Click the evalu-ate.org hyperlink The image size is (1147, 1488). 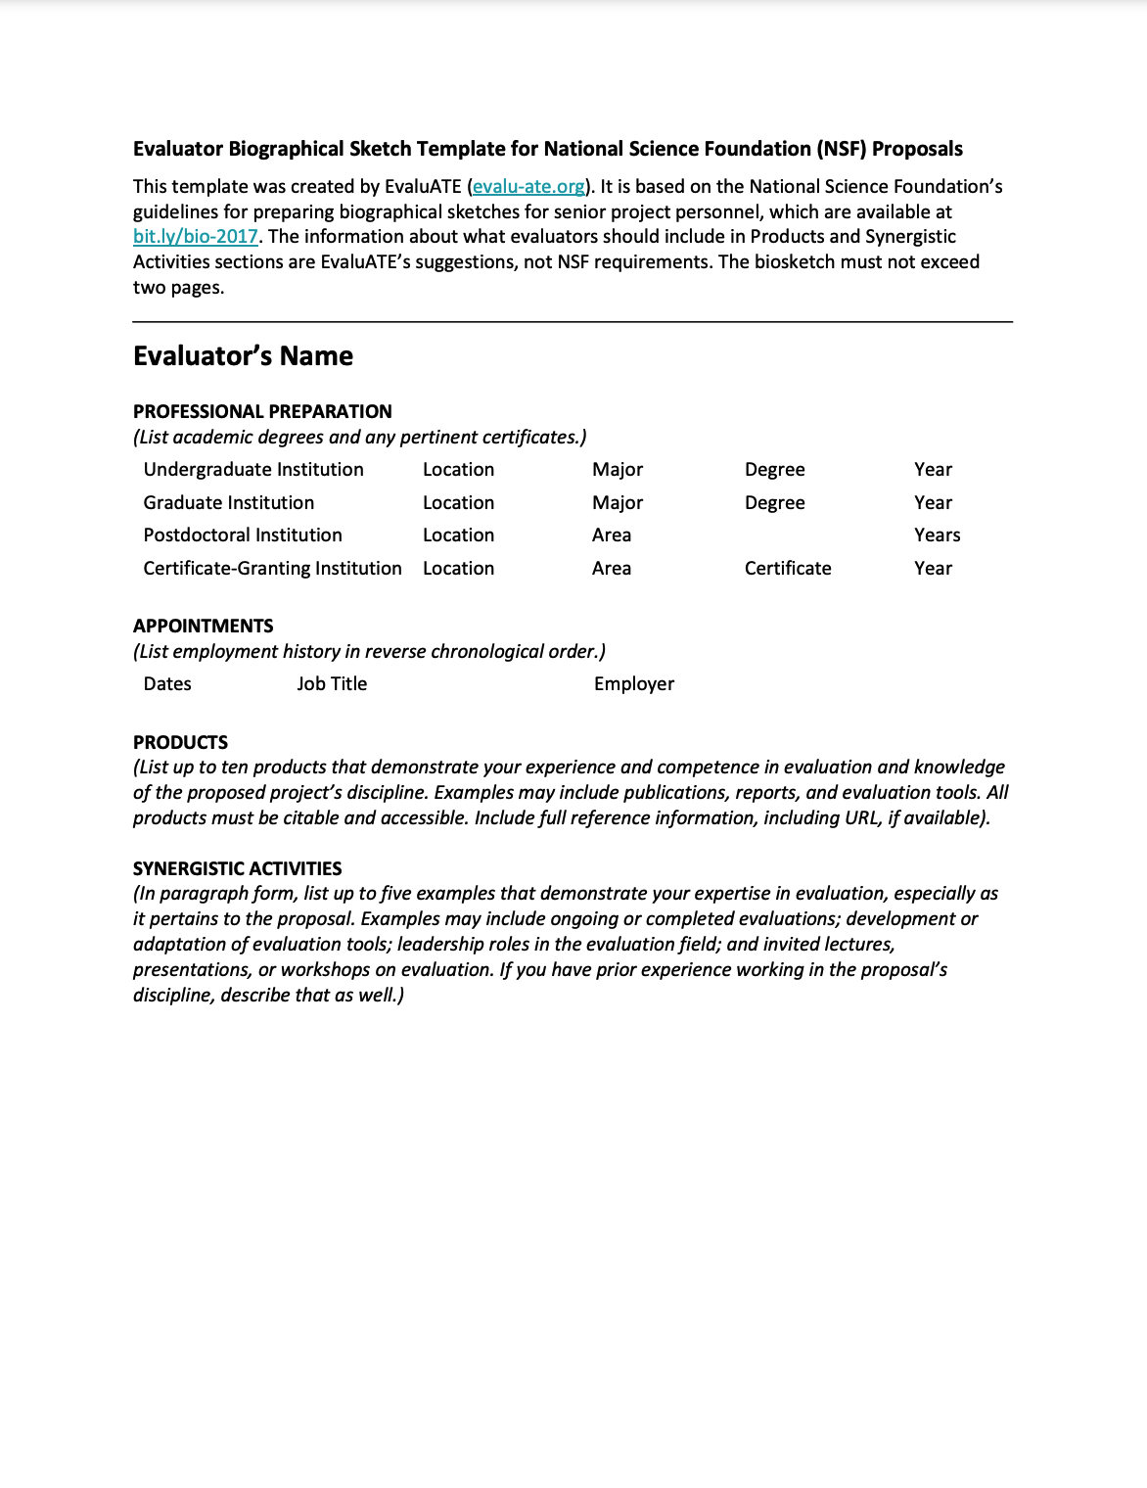[528, 187]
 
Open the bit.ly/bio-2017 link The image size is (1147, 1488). [196, 237]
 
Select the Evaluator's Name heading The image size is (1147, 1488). [243, 356]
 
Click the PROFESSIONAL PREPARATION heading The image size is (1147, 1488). [262, 412]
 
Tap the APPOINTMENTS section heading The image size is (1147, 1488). [204, 627]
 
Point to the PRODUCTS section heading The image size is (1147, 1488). [180, 743]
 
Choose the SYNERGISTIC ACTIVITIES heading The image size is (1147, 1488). [238, 869]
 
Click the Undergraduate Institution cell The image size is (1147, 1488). [253, 470]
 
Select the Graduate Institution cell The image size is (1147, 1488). [229, 503]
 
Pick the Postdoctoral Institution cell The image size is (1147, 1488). [243, 535]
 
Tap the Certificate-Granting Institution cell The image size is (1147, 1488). [272, 569]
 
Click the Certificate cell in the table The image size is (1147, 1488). [788, 569]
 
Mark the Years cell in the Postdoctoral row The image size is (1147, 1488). [937, 535]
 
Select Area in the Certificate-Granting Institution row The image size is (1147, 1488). [612, 569]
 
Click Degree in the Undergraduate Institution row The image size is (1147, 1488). [774, 470]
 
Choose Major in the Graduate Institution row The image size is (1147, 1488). [618, 503]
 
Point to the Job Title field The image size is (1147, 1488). [332, 684]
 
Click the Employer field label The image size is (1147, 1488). [634, 684]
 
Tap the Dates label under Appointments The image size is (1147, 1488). [167, 684]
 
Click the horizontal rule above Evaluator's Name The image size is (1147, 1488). [573, 321]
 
